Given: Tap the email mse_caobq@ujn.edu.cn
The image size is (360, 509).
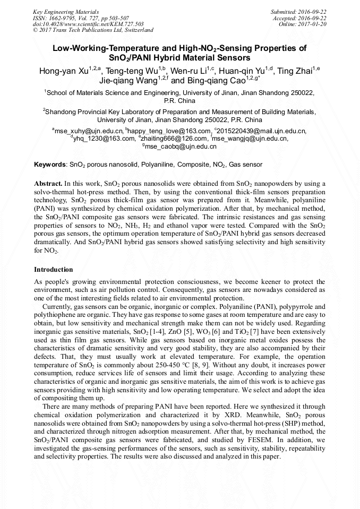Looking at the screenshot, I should point(181,146).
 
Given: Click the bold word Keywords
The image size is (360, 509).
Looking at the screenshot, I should point(50,165).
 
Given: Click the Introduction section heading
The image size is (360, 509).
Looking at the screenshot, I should point(53,270).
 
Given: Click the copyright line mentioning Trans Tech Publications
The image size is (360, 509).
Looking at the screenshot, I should point(93,30).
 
